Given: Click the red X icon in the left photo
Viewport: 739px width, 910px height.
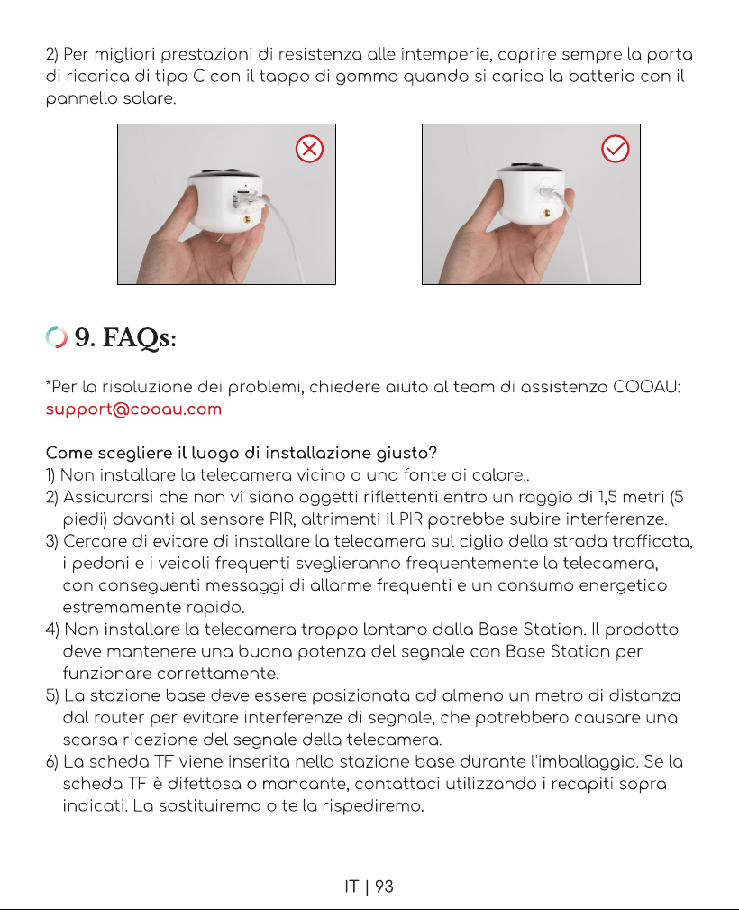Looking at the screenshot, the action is point(310,149).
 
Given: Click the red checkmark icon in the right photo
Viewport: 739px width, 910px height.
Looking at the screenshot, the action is point(616,149).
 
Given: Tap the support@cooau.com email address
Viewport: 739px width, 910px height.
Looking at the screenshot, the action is point(133,409).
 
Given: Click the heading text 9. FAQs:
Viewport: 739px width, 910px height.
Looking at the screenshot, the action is point(125,337).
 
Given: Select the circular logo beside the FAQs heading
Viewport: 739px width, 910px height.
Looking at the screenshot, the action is point(56,337).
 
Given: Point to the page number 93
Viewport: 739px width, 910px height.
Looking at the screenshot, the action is point(384,887).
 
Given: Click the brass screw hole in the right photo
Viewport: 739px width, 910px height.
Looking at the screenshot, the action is point(545,214).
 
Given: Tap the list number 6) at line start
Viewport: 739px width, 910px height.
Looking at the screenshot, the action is point(52,762).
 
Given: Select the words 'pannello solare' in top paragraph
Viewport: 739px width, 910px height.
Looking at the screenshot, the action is point(110,98).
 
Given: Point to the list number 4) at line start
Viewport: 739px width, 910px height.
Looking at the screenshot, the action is point(52,630).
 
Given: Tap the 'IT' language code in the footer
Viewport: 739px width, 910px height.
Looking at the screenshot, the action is point(351,887).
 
